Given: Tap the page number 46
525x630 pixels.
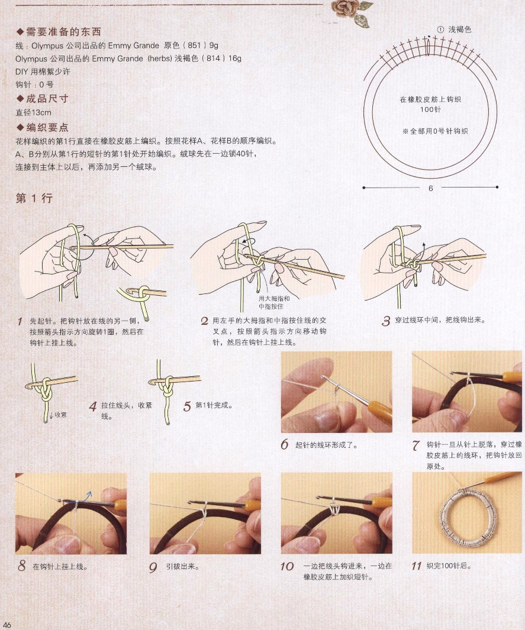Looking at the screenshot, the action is (x=7, y=624).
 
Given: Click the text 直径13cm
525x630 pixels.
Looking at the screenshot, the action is (x=33, y=112).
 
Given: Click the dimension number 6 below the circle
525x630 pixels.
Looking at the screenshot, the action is (x=430, y=188).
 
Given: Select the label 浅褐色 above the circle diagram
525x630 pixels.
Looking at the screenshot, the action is (x=460, y=30).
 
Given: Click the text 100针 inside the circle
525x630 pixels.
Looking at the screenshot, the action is (x=430, y=109).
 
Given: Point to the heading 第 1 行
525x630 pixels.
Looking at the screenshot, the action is (x=34, y=198).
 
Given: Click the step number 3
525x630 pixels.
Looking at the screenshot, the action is (x=386, y=321).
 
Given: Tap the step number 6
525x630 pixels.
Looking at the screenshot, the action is (x=285, y=444).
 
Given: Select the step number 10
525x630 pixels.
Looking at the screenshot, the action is (x=286, y=566).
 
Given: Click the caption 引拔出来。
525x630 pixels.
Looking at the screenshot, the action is (x=182, y=567).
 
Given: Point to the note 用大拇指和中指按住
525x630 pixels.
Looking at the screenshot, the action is (x=274, y=302).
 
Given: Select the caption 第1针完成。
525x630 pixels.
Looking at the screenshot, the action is (x=214, y=405).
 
